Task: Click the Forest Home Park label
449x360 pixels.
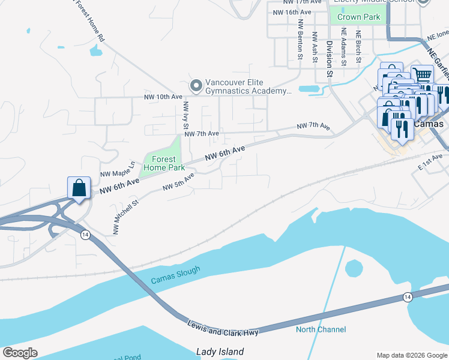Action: (160, 164)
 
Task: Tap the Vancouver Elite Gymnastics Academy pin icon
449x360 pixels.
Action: (195, 87)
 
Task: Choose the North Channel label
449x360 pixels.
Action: (321, 329)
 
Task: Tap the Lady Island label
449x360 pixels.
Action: (220, 352)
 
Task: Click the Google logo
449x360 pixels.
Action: (20, 353)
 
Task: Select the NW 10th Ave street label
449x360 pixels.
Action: (162, 97)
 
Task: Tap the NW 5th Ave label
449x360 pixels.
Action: (179, 182)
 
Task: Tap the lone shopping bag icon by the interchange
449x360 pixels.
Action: (79, 188)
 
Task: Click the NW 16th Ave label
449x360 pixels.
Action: (292, 12)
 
